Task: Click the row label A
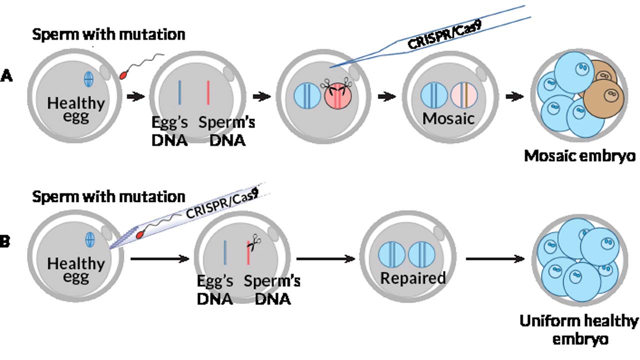pos(7,76)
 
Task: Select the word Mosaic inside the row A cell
pos(447,118)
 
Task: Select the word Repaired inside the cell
pos(412,278)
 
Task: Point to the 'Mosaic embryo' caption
pos(579,156)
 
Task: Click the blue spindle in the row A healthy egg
pos(88,78)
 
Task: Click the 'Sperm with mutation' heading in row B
pos(108,196)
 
